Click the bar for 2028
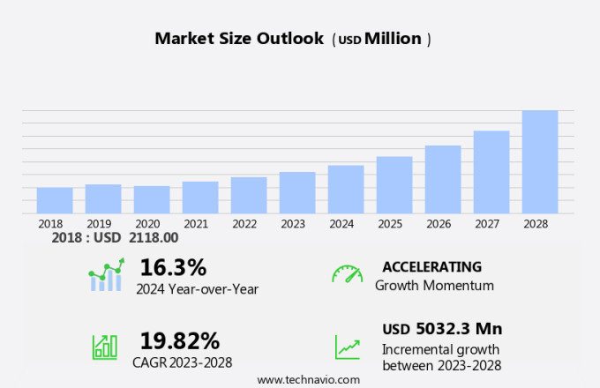click(539, 161)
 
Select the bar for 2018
click(55, 200)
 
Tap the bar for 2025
click(394, 184)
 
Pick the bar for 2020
click(152, 199)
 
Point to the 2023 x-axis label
click(292, 224)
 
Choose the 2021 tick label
click(195, 224)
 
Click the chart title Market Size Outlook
click(239, 39)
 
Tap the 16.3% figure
click(173, 267)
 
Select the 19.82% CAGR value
click(180, 340)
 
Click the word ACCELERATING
click(431, 267)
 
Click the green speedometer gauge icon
click(347, 274)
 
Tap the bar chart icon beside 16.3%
click(106, 276)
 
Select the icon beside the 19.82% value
click(105, 347)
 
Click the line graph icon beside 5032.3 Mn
click(347, 347)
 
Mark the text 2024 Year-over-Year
click(197, 287)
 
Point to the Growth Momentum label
click(434, 286)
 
